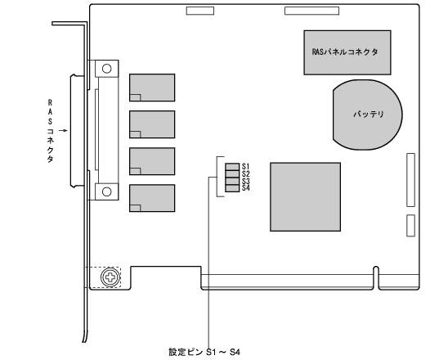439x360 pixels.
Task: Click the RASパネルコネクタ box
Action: coord(347,52)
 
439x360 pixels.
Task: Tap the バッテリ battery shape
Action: coord(367,115)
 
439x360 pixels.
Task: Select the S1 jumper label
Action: coord(246,167)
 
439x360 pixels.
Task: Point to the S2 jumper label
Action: coord(246,173)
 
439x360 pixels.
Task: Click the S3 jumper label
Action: coord(246,181)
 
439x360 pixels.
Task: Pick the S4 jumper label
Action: coord(246,187)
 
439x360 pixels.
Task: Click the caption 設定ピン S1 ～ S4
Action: coord(204,352)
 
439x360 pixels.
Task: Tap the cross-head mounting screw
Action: coord(110,277)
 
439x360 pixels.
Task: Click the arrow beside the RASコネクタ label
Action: coord(63,130)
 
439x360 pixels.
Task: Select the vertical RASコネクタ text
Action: coord(50,131)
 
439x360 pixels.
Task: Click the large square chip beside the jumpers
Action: coord(305,196)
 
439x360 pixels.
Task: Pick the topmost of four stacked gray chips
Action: coord(152,88)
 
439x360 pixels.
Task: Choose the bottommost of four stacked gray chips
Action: coord(152,198)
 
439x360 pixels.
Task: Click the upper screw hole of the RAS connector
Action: coord(106,69)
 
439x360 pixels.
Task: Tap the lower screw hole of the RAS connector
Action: coord(106,191)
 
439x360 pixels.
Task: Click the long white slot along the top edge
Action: coord(312,11)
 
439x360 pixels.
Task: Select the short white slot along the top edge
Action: coord(200,11)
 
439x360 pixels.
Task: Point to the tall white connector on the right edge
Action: coord(410,180)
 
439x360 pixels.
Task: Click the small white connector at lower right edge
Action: coord(410,226)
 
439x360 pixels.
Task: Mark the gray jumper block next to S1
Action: coord(232,167)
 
